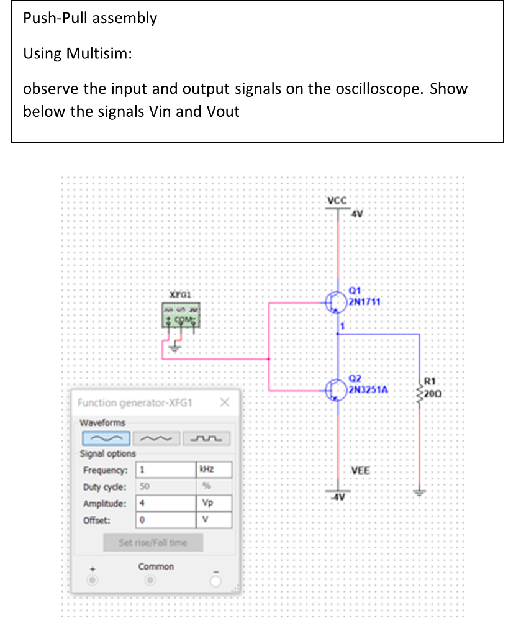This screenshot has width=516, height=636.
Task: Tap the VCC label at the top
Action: click(x=337, y=201)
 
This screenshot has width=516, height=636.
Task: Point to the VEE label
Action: click(x=361, y=470)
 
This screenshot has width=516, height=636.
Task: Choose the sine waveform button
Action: click(x=106, y=439)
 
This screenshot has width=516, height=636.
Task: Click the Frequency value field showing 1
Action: click(x=165, y=470)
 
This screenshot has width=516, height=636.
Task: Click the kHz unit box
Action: click(x=214, y=470)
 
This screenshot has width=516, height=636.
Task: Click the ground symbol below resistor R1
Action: click(x=420, y=493)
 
